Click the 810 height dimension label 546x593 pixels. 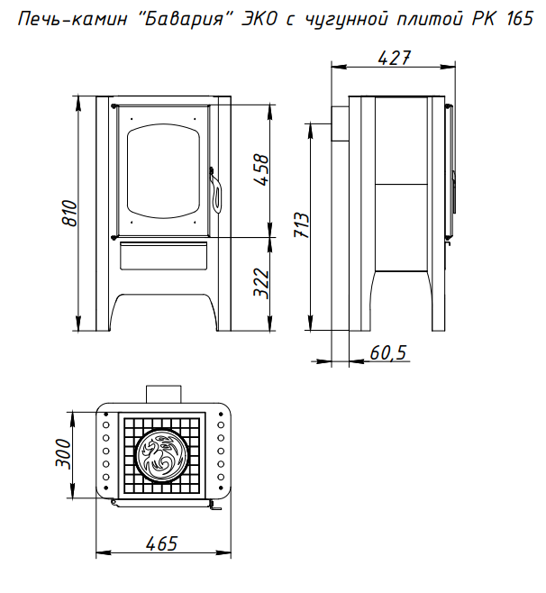point(69,213)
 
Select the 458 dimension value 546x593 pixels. point(261,169)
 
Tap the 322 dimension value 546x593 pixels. point(261,284)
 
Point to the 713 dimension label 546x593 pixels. point(302,225)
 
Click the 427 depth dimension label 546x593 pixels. point(394,58)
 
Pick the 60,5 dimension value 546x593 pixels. point(387,353)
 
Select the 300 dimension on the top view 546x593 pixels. point(63,454)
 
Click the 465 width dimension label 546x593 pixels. point(161,543)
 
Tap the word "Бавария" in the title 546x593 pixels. point(184,19)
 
